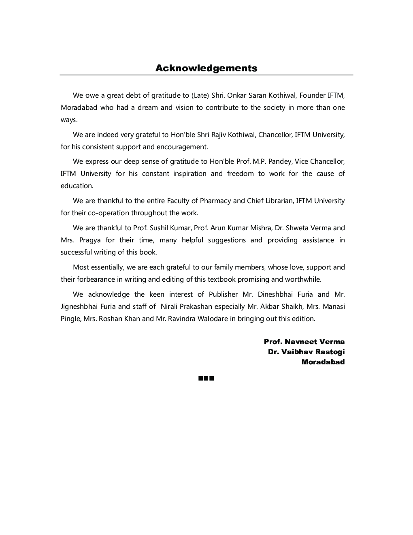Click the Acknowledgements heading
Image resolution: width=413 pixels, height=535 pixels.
pos(206,68)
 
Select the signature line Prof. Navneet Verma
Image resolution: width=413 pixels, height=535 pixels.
pos(304,342)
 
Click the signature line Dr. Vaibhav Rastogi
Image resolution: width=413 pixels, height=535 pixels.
pos(306,352)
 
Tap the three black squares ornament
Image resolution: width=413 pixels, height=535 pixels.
pos(206,379)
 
